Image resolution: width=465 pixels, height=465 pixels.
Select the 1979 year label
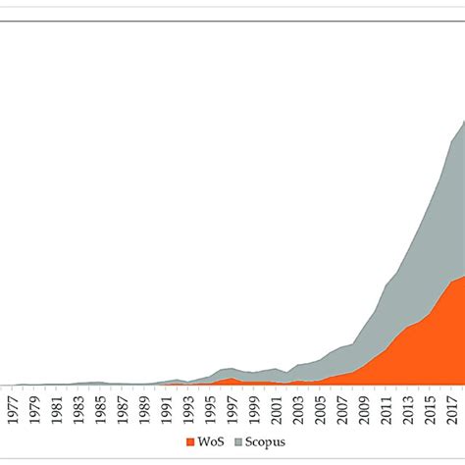(x=34, y=407)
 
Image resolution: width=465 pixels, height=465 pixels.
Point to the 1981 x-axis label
(x=56, y=407)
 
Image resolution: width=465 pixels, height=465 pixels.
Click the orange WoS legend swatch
(x=190, y=441)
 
